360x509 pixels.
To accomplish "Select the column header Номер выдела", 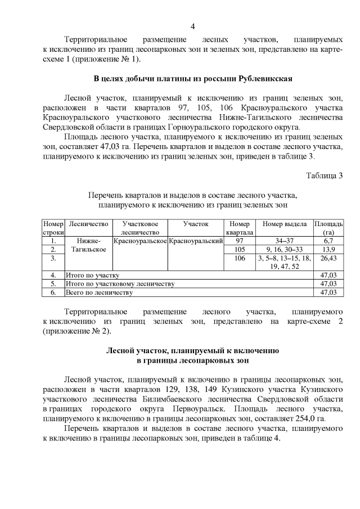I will [284, 224].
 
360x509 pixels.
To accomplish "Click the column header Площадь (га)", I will [328, 228].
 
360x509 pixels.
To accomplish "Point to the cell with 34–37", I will [284, 241].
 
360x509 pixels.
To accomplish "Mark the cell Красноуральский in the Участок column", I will [196, 241].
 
